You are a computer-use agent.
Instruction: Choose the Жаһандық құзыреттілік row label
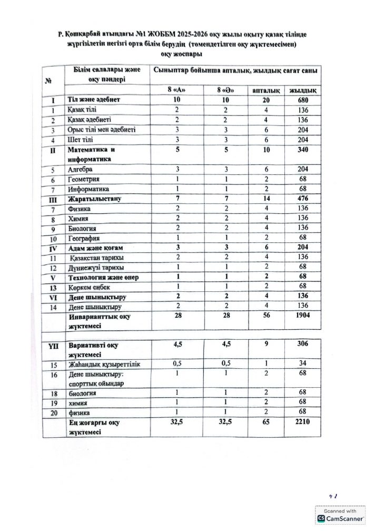click(x=103, y=365)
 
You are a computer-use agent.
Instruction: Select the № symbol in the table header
click(x=48, y=81)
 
